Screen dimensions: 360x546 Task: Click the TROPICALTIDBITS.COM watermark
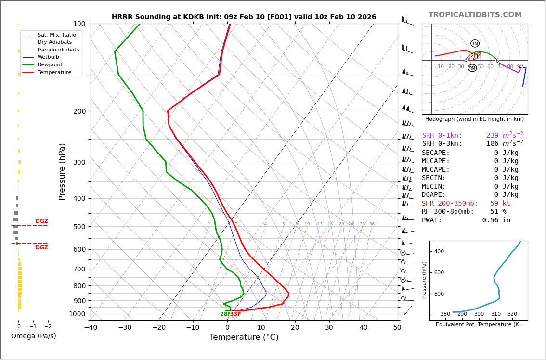pos(475,15)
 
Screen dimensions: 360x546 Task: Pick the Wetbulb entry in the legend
pos(48,57)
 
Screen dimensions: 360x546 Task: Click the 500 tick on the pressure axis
pos(79,227)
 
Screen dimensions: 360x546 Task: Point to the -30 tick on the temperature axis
pos(125,328)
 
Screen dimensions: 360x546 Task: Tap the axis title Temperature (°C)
pos(244,337)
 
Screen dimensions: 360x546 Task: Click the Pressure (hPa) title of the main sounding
pos(62,171)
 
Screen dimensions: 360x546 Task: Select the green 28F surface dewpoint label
pos(225,314)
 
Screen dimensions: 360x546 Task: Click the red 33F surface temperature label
pos(235,314)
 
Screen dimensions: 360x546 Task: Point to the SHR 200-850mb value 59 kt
pos(500,204)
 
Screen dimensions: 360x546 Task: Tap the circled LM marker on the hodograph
pos(475,43)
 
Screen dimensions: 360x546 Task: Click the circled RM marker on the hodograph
pos(472,68)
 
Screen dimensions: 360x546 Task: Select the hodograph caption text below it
pos(474,119)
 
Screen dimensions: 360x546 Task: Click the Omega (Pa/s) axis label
pos(34,336)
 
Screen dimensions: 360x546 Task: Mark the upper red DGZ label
pos(41,221)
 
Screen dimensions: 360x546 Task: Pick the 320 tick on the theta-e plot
pos(512,314)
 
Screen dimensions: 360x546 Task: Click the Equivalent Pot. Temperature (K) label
pos(478,325)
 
